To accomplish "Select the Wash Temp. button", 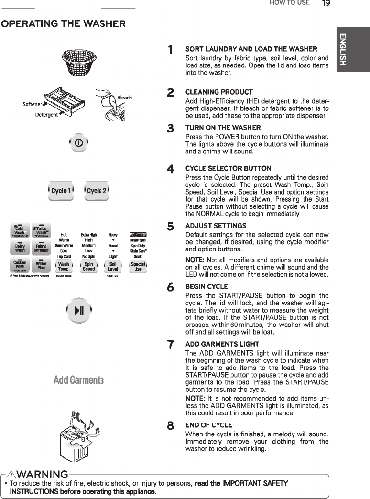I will [64, 266].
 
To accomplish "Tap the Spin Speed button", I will [88, 266].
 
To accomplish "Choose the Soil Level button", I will [113, 266].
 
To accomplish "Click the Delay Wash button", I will [20, 247].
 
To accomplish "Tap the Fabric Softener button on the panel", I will [41, 247].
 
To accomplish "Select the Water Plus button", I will [41, 266].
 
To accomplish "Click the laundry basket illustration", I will [80, 61].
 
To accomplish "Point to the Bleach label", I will [124, 98].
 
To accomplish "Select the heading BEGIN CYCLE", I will [203, 287].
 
